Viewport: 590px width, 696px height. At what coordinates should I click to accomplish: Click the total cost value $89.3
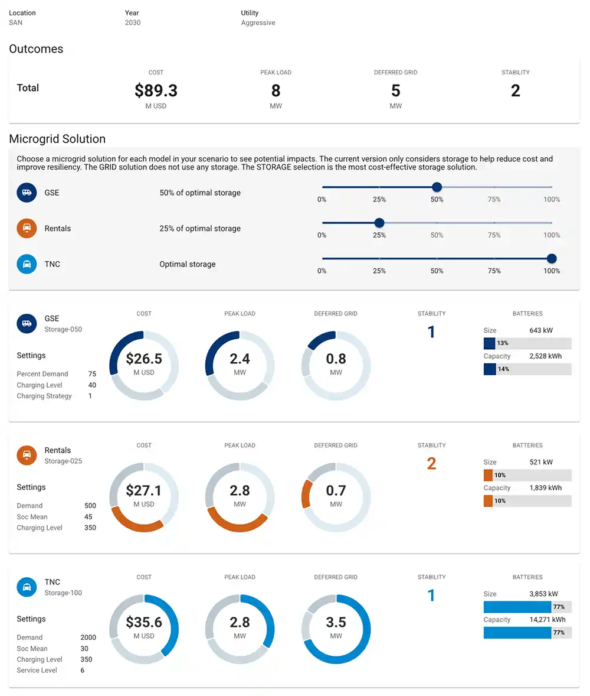[x=156, y=90]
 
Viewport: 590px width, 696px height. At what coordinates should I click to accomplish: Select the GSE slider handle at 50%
[x=437, y=187]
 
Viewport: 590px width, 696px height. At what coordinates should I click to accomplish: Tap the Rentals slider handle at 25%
[x=379, y=223]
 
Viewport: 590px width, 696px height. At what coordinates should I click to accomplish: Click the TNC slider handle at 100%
[x=552, y=258]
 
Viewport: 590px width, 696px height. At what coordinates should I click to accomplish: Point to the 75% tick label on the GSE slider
[x=494, y=200]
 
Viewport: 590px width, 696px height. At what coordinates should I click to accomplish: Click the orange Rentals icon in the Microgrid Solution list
[x=27, y=228]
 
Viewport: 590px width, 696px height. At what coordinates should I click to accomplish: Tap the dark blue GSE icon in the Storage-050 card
[x=27, y=324]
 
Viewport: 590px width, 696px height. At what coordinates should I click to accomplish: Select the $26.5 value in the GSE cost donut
[x=144, y=359]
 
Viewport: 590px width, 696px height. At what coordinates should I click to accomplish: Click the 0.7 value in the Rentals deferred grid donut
[x=336, y=490]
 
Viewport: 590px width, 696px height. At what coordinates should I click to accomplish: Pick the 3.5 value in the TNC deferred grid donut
[x=336, y=622]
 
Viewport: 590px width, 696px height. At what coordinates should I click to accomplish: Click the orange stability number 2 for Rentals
[x=431, y=464]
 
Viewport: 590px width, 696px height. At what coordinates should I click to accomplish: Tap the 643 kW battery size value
[x=541, y=330]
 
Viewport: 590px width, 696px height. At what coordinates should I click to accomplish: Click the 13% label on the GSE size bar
[x=503, y=343]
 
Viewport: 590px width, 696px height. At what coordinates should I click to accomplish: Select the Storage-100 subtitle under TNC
[x=63, y=593]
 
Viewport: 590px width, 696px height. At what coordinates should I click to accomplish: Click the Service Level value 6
[x=83, y=671]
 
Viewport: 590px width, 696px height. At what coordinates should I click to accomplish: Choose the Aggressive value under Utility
[x=258, y=23]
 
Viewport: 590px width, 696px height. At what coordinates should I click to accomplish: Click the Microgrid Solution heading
[x=57, y=139]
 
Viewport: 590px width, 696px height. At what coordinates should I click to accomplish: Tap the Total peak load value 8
[x=276, y=90]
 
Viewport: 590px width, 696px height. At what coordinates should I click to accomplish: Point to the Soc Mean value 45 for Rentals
[x=88, y=517]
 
